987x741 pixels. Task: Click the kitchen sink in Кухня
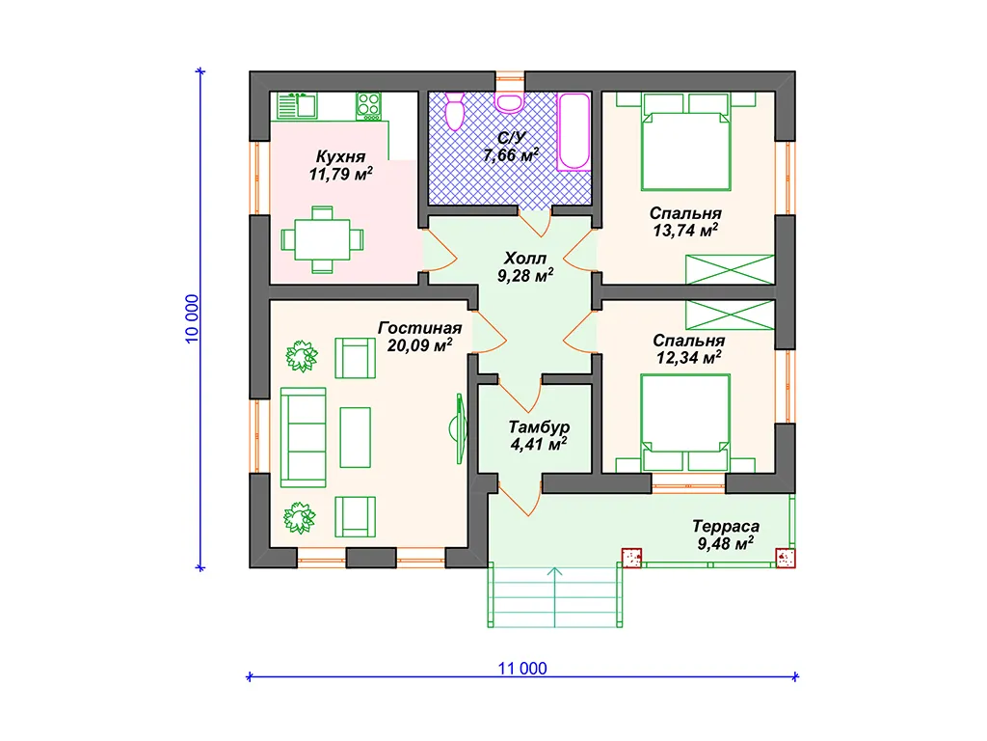point(297,106)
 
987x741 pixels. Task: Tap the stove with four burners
point(368,106)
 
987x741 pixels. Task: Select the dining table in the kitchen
point(322,239)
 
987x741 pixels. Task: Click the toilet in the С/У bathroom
point(455,111)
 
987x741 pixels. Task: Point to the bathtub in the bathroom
point(574,131)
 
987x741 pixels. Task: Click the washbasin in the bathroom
point(509,102)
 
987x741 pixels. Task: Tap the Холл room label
point(525,258)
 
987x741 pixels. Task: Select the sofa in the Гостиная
point(303,437)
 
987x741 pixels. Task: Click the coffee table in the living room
point(355,437)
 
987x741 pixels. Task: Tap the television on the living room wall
point(460,428)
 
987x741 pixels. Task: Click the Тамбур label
point(539,426)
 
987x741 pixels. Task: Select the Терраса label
point(726,526)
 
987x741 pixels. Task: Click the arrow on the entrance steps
point(554,596)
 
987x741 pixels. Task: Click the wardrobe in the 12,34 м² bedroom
point(730,315)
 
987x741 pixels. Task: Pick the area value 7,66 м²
point(511,154)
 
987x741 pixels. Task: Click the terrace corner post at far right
point(786,558)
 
